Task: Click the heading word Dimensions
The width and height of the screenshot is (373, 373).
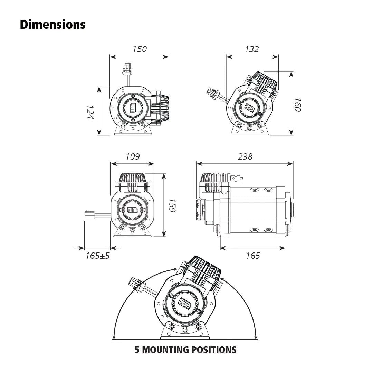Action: coord(52,25)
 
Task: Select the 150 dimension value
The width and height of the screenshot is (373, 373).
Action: coord(140,49)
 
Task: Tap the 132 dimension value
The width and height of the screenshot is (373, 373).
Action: coord(252,49)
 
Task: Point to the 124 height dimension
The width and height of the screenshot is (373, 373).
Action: coord(90,112)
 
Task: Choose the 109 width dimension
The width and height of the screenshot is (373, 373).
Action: coord(132,156)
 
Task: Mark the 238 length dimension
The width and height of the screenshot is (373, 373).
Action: coord(245,156)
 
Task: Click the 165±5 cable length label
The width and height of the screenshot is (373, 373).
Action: coord(97,256)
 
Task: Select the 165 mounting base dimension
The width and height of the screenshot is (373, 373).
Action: coord(253,256)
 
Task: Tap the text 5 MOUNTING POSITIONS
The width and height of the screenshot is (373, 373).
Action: coord(185,350)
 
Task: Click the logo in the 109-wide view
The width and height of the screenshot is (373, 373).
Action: coord(132,210)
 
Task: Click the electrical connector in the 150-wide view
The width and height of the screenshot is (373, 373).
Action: coord(127,67)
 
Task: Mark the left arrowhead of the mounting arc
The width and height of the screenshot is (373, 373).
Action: coord(114,337)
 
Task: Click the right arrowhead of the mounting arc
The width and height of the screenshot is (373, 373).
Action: coord(256,337)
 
